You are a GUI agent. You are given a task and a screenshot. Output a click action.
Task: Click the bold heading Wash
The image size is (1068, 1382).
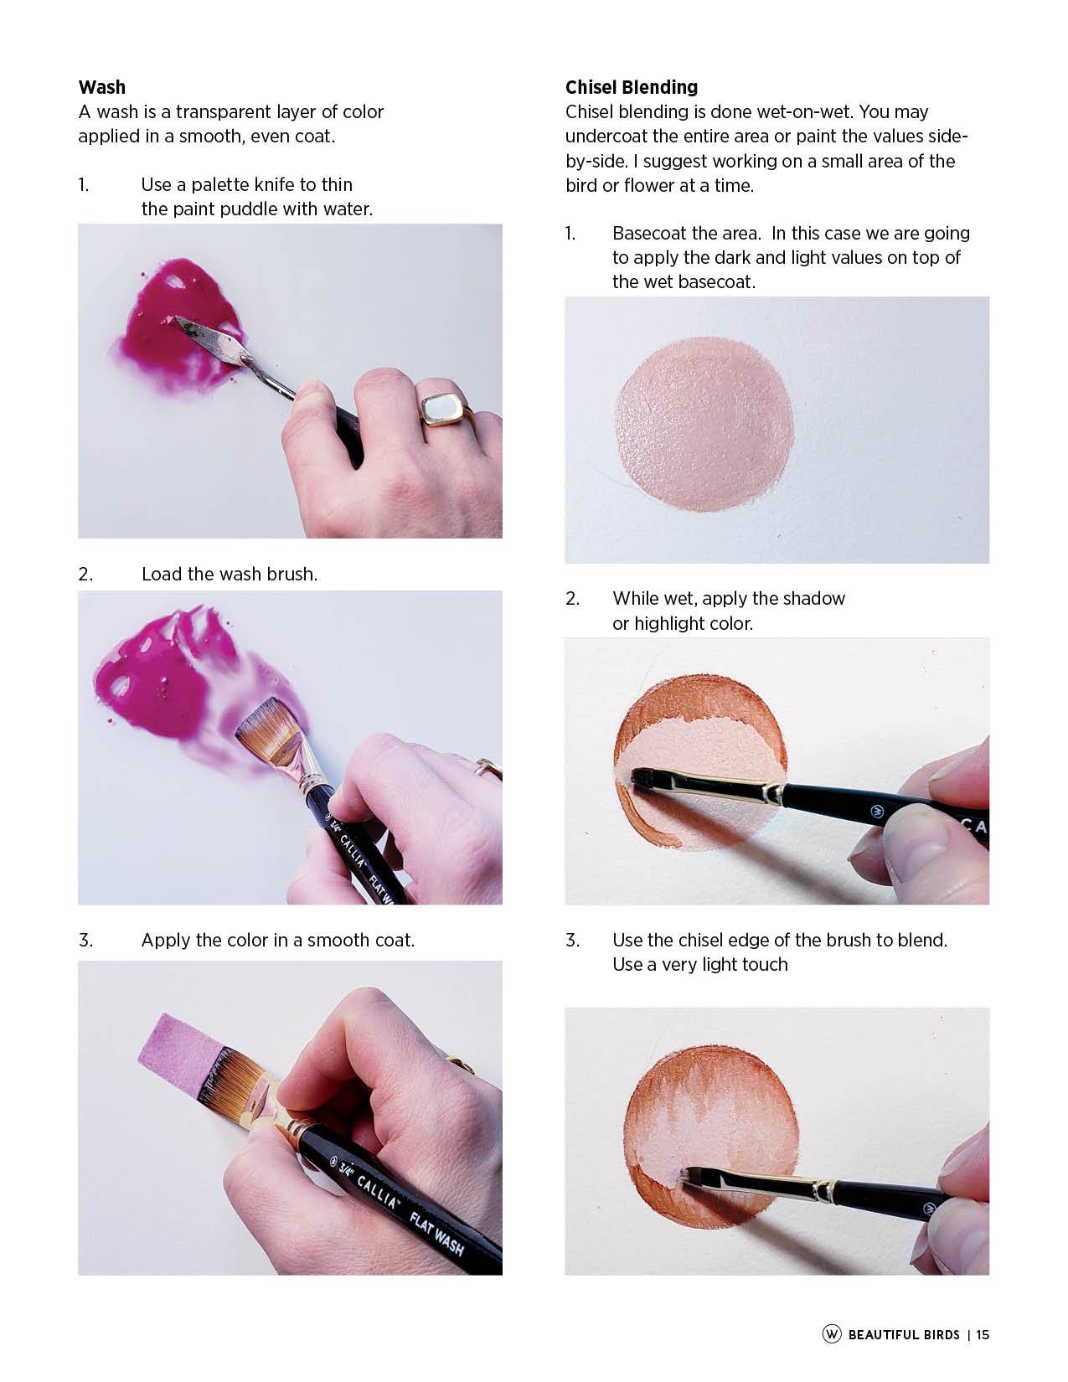[x=102, y=87]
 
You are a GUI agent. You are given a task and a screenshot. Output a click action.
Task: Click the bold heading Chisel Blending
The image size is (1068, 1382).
[x=631, y=87]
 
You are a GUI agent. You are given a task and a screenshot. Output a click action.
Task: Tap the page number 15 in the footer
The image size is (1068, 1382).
[x=983, y=1334]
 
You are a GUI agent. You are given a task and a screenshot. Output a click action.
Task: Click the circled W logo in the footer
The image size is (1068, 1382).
[x=832, y=1333]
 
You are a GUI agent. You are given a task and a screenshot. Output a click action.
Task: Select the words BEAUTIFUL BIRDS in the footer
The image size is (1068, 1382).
[x=904, y=1334]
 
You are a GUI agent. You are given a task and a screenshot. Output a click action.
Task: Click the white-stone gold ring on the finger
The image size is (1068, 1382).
[x=445, y=410]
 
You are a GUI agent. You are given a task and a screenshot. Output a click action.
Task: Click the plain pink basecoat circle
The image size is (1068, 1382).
[x=704, y=424]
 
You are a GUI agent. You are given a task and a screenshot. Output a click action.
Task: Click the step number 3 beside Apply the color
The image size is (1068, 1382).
[x=85, y=940]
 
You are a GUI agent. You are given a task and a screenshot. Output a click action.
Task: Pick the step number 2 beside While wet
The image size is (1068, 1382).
[x=572, y=599]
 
